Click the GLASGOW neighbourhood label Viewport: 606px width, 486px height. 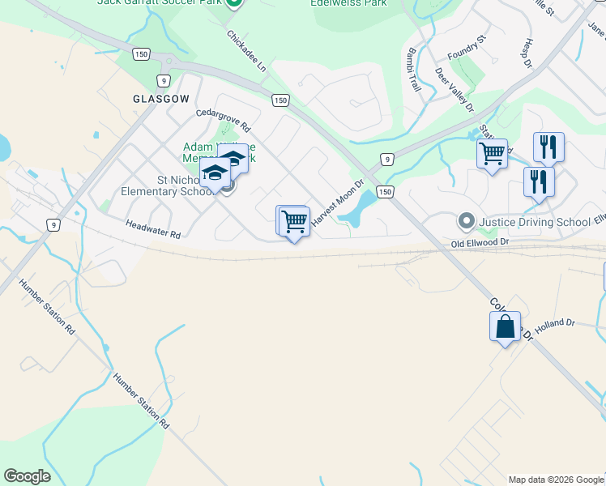[x=161, y=98]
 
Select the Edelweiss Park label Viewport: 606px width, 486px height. [x=348, y=3]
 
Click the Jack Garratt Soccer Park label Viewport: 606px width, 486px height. [x=159, y=2]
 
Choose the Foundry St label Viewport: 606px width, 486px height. [x=466, y=49]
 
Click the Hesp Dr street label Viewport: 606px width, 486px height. [x=527, y=52]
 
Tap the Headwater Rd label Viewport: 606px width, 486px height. [x=152, y=228]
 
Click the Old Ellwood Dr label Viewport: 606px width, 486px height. [x=480, y=241]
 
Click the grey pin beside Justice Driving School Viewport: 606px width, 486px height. [x=465, y=220]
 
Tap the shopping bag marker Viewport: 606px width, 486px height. [x=505, y=326]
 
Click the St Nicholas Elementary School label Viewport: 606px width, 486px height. [x=167, y=185]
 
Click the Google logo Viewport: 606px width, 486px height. [x=27, y=476]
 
